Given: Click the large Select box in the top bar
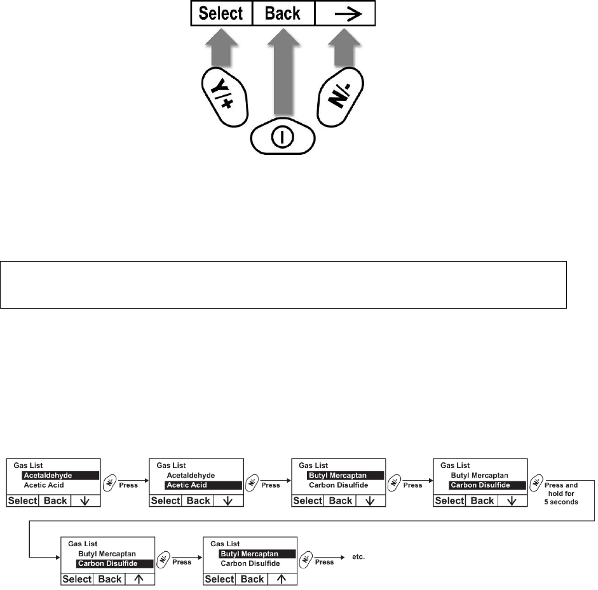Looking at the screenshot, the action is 221,13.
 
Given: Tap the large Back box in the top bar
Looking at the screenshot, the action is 283,13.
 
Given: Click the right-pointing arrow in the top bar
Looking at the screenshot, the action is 344,13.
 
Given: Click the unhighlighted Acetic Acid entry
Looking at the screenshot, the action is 44,485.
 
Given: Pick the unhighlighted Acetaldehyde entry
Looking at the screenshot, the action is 191,475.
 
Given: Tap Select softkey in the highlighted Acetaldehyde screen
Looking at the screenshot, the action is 23,500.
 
